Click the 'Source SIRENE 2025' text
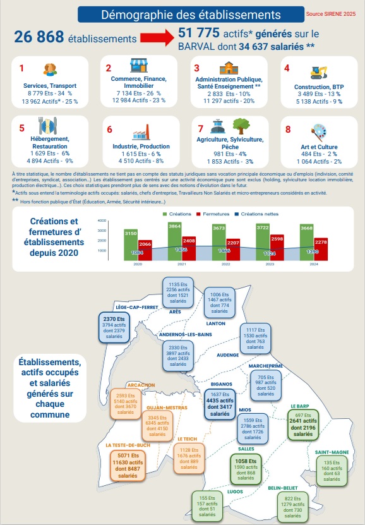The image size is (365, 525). coord(332,13)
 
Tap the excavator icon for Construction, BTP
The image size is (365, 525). coord(318,71)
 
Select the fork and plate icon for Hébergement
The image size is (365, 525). coord(48,126)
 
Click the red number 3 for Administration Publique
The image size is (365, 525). coord(196,68)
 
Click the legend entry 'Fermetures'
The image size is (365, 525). coord(214,215)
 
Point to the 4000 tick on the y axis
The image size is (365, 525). coord(102,221)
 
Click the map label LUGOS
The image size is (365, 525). coord(218,490)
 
